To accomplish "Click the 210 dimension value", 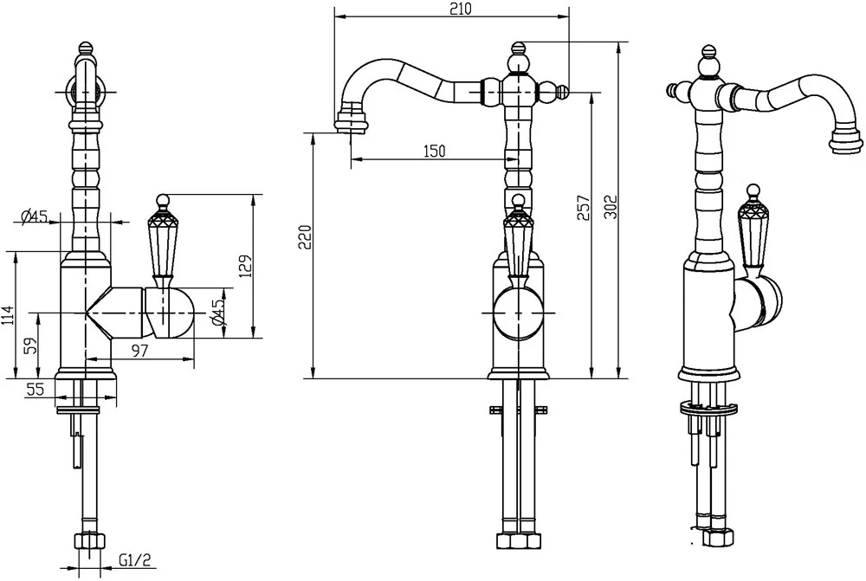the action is (461, 10).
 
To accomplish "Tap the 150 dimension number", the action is (434, 151).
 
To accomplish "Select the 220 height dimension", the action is (306, 236).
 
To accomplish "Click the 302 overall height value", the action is (611, 206).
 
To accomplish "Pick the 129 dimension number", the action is (246, 266).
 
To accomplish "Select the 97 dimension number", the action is (140, 350).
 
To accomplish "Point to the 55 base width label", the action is (35, 390).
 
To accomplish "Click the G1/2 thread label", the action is (134, 562).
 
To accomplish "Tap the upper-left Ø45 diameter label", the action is (34, 216).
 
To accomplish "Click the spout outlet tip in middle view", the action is (351, 126).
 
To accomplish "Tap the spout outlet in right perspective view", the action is (845, 141).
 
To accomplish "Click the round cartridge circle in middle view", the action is (518, 313).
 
